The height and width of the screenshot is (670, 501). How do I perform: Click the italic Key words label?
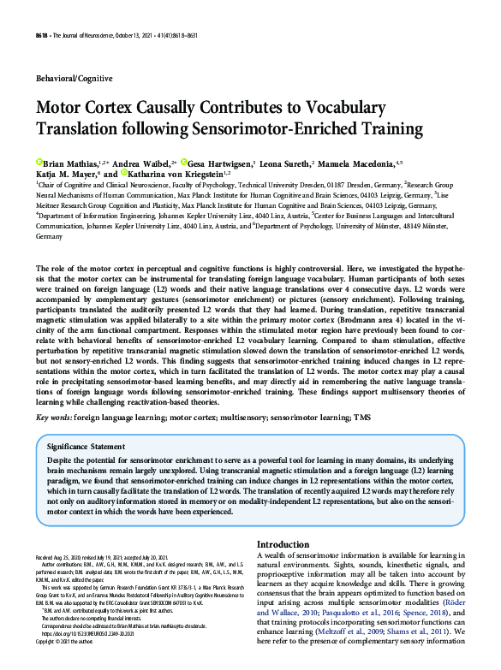click(x=53, y=416)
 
